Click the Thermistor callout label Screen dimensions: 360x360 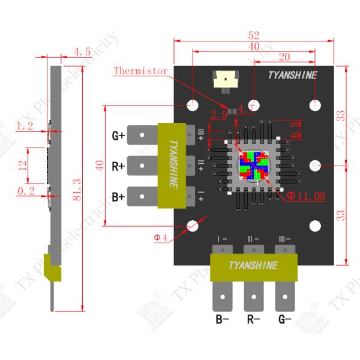pyautogui.click(x=140, y=71)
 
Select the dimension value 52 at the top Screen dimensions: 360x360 pyautogui.click(x=254, y=35)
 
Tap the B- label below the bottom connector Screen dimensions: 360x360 pyautogui.click(x=222, y=319)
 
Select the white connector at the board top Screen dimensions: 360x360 pyautogui.click(x=226, y=78)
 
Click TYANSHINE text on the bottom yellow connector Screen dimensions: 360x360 pyautogui.click(x=254, y=265)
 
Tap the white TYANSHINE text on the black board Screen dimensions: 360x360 pyautogui.click(x=292, y=75)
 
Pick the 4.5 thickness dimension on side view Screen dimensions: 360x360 pyautogui.click(x=82, y=52)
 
